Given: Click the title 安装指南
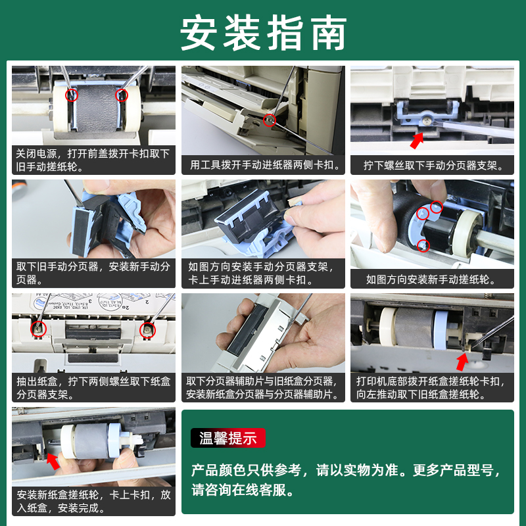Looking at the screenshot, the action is coord(264,32).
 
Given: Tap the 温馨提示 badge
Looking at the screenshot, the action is coord(227,438).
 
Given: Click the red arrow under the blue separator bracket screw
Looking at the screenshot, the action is coord(417,140).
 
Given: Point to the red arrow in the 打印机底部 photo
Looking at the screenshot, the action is coord(462,362).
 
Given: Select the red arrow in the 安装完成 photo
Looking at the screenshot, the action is coord(53,462).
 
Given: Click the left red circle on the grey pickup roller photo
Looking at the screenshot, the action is coord(72,95).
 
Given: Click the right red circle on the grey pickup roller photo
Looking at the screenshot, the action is coord(122,95).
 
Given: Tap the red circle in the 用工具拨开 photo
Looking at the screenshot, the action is coord(269,120).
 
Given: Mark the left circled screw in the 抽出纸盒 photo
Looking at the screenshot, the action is coord(39,328).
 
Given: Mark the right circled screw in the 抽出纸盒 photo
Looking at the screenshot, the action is coord(147,330).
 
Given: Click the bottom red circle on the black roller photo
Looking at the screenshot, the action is coord(423,245).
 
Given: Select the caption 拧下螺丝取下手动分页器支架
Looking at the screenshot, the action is coord(433,165).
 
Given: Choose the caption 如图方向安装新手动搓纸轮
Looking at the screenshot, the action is coord(431,279).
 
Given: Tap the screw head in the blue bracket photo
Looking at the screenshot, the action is coord(427,120).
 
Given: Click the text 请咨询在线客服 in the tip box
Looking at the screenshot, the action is coord(243,490).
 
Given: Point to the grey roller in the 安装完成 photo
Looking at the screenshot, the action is coord(91,441).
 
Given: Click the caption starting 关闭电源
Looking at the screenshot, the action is coord(93,160).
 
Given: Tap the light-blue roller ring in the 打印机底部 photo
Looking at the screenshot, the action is coord(441,330).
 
